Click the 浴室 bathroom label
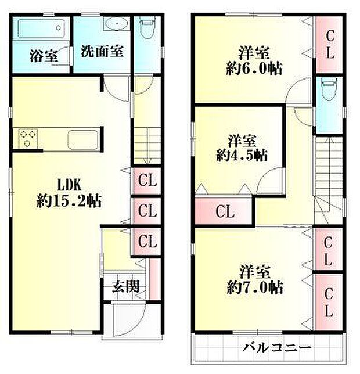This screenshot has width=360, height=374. point(43,56)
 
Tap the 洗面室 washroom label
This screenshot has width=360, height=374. point(102,51)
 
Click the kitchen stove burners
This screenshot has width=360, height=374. point(27,138)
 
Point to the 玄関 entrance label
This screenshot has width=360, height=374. point(125,287)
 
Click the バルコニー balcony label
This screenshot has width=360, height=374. point(276,348)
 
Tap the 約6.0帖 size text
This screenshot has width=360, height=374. point(254,68)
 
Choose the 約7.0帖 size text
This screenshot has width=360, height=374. point(254,287)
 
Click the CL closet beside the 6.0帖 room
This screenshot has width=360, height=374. point(329,45)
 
